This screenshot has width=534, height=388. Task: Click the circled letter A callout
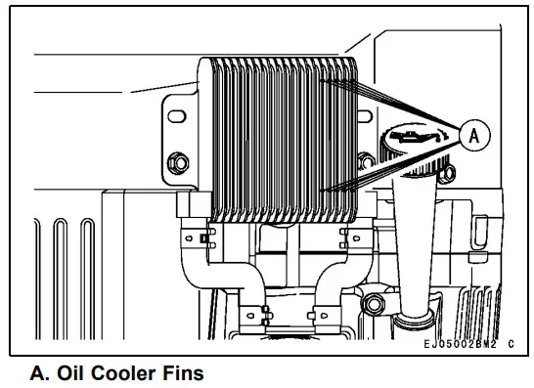[474, 138]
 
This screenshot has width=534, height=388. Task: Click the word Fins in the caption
[179, 372]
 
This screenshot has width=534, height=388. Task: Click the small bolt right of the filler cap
[446, 175]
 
